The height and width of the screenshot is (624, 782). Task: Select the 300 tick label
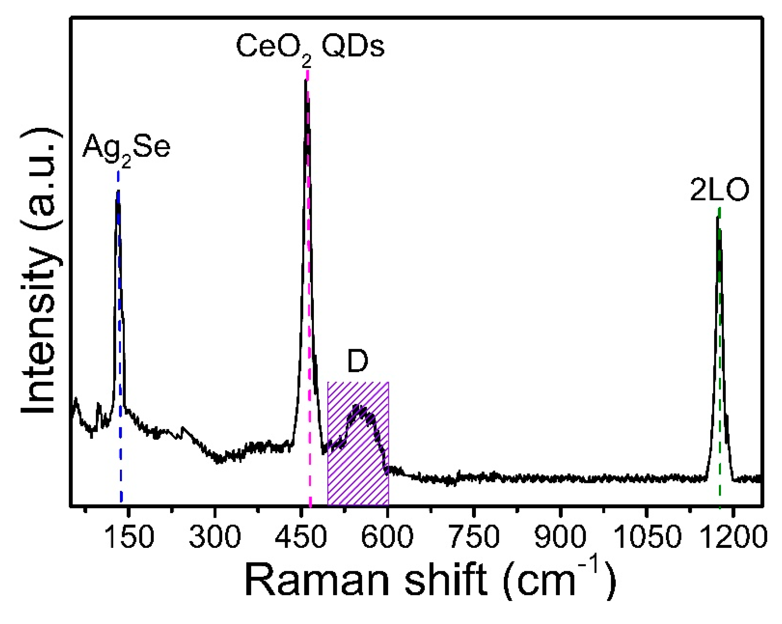[x=215, y=537]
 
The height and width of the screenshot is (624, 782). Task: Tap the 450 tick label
[x=301, y=537]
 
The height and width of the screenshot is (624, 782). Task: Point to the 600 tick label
[x=387, y=537]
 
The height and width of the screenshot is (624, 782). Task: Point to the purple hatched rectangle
[x=358, y=472]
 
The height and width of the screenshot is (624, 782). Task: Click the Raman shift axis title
[x=430, y=579]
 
